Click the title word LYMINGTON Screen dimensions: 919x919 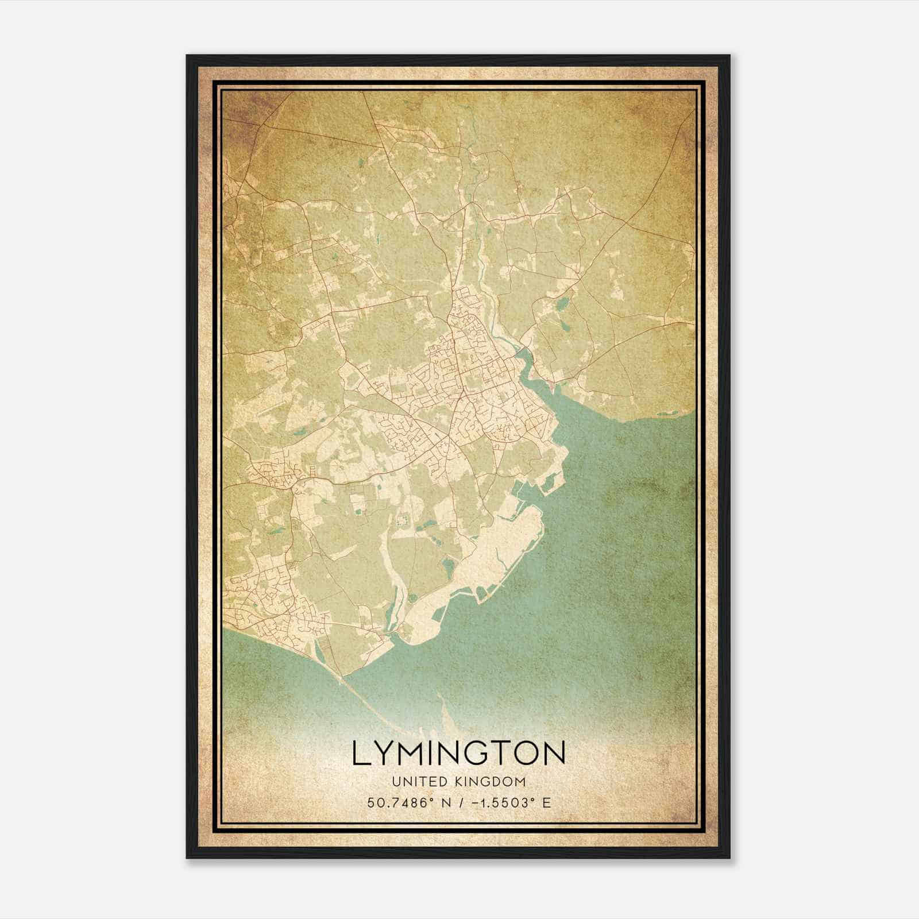458,753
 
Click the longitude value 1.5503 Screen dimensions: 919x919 503,803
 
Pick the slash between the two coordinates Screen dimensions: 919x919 461,803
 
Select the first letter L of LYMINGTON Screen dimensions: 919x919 362,753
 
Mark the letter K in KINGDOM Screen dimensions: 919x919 458,782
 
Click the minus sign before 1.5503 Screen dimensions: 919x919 474,803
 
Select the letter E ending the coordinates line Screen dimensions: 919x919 547,803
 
